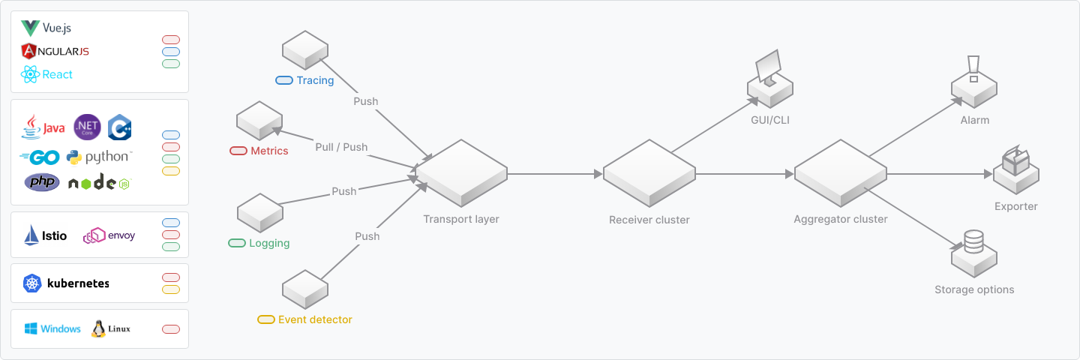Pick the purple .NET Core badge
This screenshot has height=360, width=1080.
click(x=87, y=127)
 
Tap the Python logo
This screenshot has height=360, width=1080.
click(x=98, y=157)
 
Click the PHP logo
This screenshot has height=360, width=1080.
click(x=42, y=182)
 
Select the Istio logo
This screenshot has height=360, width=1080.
click(x=45, y=235)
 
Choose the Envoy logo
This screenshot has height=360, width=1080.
click(x=109, y=235)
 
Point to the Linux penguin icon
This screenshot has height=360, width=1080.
click(x=98, y=329)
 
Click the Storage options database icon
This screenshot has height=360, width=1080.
click(x=973, y=241)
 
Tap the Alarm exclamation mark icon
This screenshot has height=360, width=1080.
click(x=973, y=69)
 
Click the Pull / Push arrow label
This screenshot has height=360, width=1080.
click(x=341, y=147)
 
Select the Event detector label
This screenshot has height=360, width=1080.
click(x=315, y=319)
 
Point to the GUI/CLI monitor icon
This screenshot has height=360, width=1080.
click(x=768, y=70)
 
